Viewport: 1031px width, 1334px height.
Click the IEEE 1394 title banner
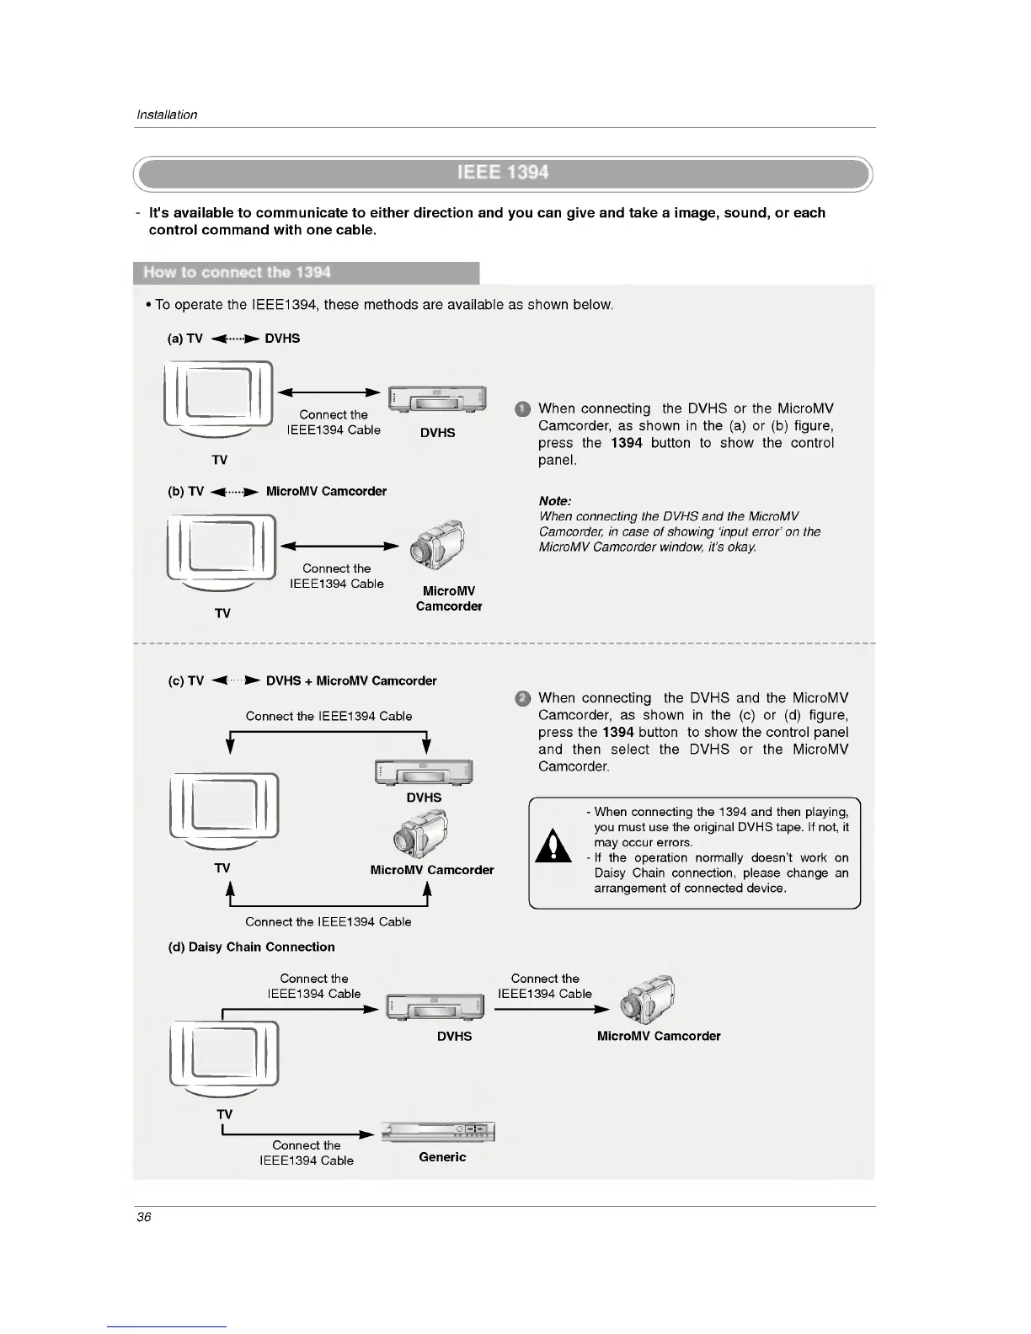point(503,173)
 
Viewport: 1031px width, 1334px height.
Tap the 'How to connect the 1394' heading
point(237,273)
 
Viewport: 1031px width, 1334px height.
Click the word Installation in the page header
point(167,115)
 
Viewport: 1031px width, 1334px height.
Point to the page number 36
point(144,1217)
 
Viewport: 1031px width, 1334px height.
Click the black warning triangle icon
point(553,846)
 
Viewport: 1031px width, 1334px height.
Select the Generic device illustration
point(438,1132)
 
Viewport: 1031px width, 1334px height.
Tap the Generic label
point(442,1157)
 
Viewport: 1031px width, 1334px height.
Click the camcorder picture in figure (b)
point(438,544)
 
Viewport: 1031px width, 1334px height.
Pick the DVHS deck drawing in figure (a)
point(437,399)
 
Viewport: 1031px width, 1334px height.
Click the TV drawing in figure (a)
point(219,399)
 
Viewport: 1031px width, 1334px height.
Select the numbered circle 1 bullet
point(522,410)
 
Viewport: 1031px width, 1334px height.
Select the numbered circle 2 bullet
point(522,699)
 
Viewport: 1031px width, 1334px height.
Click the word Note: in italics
point(555,501)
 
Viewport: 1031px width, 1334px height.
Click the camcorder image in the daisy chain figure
point(648,998)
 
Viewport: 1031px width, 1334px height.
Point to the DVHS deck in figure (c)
point(424,772)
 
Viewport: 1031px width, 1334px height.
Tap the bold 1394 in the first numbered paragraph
point(626,443)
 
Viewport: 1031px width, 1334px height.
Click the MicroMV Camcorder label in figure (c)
point(432,870)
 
